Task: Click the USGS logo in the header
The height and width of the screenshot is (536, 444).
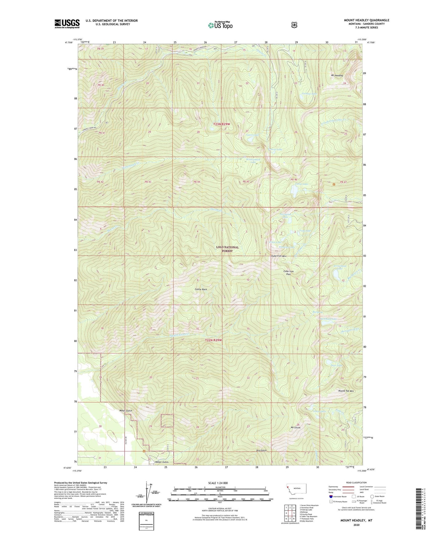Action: click(67, 24)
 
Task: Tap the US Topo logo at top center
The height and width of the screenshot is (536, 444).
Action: click(220, 25)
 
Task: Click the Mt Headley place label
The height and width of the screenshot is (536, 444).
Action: click(337, 76)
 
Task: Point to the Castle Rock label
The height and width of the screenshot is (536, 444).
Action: click(201, 289)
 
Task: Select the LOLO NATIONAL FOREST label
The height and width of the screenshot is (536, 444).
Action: click(227, 249)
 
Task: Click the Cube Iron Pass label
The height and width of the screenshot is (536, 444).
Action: click(289, 273)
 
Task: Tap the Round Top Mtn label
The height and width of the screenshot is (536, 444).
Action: click(346, 391)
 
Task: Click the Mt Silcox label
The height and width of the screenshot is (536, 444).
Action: click(295, 427)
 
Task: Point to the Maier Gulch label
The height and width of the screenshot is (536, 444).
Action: click(126, 411)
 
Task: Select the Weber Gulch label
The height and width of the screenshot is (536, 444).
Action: click(162, 462)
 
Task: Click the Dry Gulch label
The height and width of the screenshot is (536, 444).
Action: click(261, 450)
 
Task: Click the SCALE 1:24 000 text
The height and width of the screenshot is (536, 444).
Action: click(218, 483)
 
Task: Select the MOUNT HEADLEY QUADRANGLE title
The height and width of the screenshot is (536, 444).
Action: click(366, 20)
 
